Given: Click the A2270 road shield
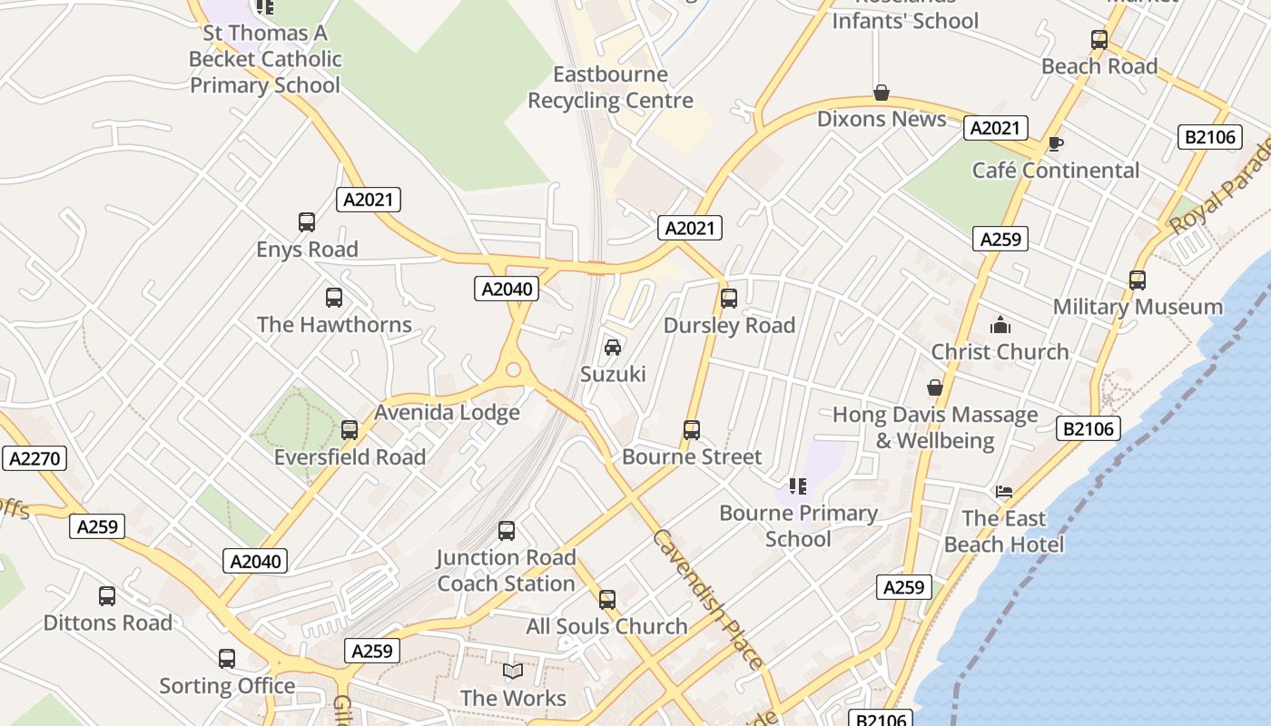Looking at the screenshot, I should pyautogui.click(x=34, y=458).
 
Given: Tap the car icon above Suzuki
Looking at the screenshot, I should pyautogui.click(x=613, y=348).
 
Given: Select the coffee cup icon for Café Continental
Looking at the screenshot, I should pyautogui.click(x=1055, y=143).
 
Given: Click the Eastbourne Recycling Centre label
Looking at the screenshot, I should pyautogui.click(x=610, y=87).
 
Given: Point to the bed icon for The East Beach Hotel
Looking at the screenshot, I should pyautogui.click(x=1003, y=492).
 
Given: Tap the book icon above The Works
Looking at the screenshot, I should pyautogui.click(x=513, y=672).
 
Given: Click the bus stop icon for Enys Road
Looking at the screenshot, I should pyautogui.click(x=307, y=222).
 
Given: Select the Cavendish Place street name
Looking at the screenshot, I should pyautogui.click(x=706, y=599).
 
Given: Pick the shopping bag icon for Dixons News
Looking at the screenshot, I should pyautogui.click(x=881, y=93).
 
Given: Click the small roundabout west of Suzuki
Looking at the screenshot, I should pyautogui.click(x=514, y=369).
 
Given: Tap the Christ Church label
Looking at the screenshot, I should pyautogui.click(x=1000, y=351).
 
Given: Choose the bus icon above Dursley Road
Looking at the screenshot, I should pyautogui.click(x=728, y=299).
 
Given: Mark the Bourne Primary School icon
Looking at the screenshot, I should pyautogui.click(x=797, y=486).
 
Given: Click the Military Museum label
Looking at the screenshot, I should pyautogui.click(x=1138, y=307).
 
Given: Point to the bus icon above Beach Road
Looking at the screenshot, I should pyautogui.click(x=1099, y=40).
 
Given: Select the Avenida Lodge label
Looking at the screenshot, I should pyautogui.click(x=447, y=412).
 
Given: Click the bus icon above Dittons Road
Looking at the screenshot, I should pyautogui.click(x=107, y=596).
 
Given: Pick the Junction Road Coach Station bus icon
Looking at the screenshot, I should pyautogui.click(x=507, y=531).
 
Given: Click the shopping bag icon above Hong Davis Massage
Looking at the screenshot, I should pyautogui.click(x=934, y=388).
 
